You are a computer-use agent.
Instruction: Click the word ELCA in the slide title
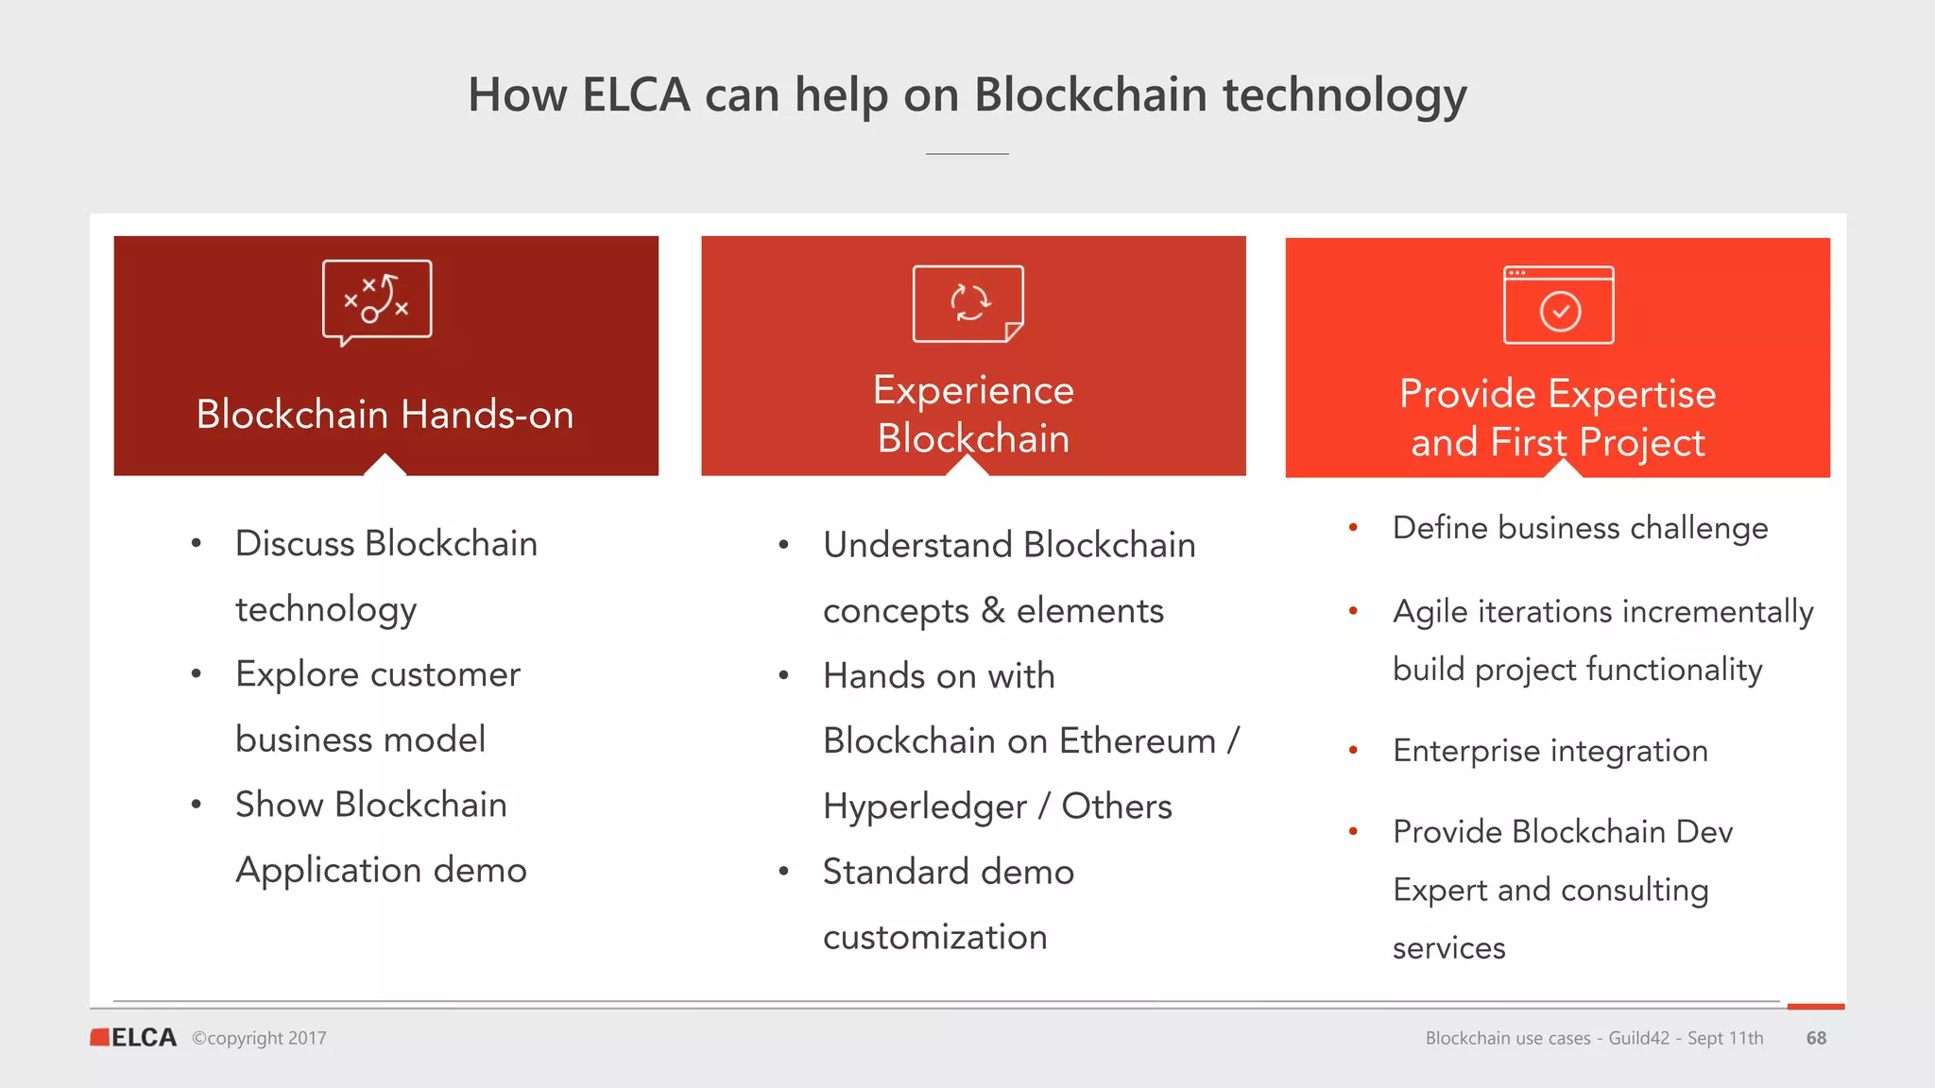pos(636,95)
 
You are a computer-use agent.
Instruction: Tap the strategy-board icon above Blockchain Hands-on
pos(377,300)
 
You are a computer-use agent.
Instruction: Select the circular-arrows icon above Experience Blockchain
pos(968,303)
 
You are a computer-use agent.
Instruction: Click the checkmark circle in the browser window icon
pos(1560,312)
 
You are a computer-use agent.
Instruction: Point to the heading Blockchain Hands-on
pos(385,415)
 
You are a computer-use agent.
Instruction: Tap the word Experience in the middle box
pos(973,390)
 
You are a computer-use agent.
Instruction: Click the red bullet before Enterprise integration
pos(1353,751)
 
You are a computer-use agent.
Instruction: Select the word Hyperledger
pos(925,807)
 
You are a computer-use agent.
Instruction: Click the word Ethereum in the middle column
pos(1138,741)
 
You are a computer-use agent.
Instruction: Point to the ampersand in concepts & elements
pos(993,611)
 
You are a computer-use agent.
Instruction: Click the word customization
pos(934,937)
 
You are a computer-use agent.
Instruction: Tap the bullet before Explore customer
pos(197,674)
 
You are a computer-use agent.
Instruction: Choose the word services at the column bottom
pos(1448,947)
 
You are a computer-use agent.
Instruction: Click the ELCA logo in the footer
pos(133,1037)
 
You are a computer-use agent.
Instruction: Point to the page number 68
pos(1816,1038)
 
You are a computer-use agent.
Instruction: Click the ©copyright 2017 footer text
pos(259,1038)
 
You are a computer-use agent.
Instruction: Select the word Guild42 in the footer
pos(1638,1038)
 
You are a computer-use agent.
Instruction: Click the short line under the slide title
pos(967,154)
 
